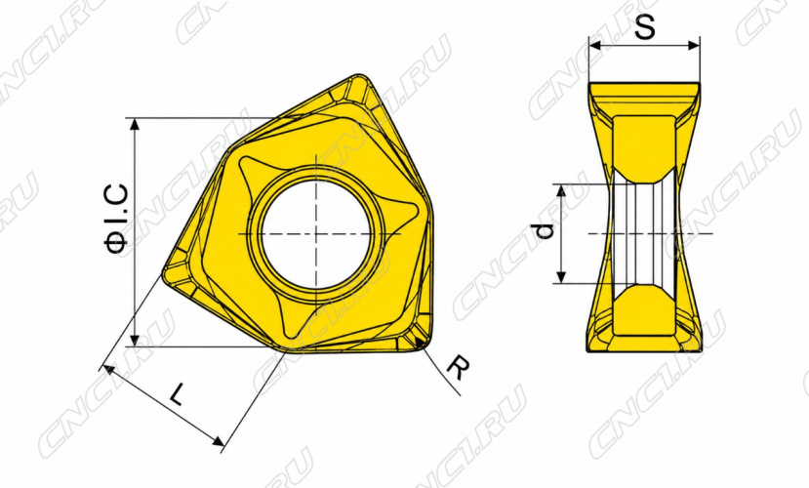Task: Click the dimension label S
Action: pos(644,26)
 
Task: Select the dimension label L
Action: pos(177,394)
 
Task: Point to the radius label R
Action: pos(458,367)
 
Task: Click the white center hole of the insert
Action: pos(316,233)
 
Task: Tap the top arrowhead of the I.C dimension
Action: pos(136,124)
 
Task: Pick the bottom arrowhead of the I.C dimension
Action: pos(136,340)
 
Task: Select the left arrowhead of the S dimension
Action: pos(595,46)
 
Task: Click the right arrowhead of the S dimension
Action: pos(694,46)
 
